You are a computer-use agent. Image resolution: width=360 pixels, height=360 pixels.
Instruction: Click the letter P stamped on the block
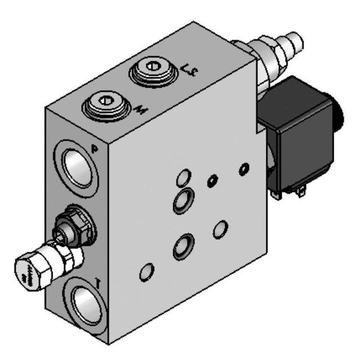[x=95, y=148]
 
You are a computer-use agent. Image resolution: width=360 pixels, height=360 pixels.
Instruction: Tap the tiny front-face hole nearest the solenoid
[x=244, y=168]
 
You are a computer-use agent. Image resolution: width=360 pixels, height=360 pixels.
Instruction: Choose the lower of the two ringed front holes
[x=183, y=245]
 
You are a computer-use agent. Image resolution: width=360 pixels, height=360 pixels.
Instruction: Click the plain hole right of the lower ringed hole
[x=221, y=228]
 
